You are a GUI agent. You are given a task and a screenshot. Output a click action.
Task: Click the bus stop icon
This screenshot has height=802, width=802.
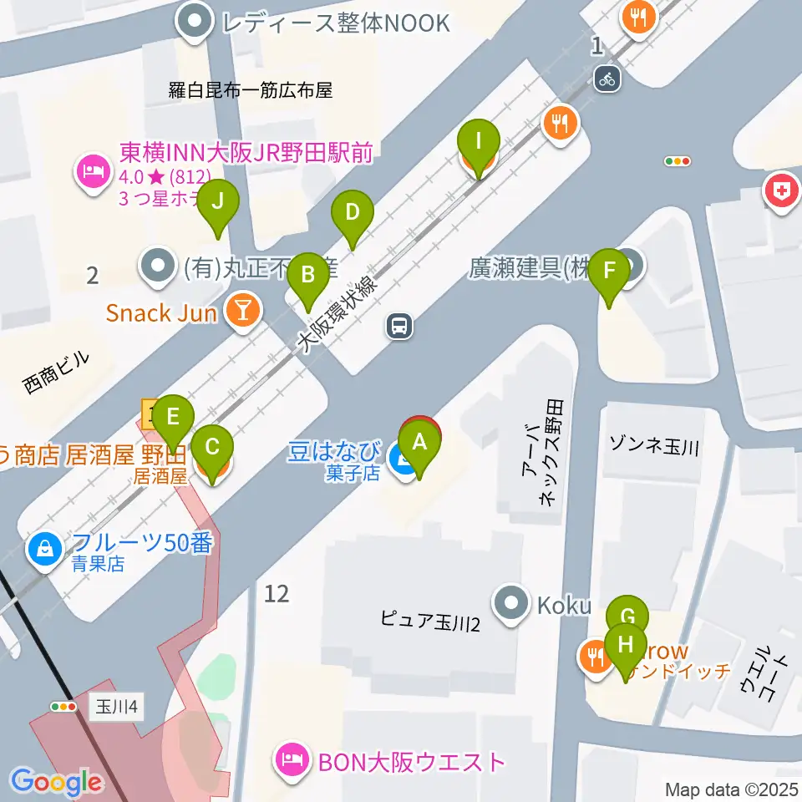coord(400,326)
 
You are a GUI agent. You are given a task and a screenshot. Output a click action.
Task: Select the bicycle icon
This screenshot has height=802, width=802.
coord(607,79)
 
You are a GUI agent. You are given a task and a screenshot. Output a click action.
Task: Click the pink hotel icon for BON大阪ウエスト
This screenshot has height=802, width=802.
coord(292,762)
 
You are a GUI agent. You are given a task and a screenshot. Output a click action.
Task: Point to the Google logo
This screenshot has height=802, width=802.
coord(56,782)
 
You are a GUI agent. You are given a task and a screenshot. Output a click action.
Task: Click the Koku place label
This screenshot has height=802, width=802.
coord(565,606)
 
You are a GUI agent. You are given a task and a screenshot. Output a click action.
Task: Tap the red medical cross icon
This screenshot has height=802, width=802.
coord(780,193)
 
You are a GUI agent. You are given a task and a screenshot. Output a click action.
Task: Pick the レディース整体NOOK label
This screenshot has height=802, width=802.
coord(335,22)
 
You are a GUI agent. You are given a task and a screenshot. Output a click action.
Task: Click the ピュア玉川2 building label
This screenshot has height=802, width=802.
coord(429,621)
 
